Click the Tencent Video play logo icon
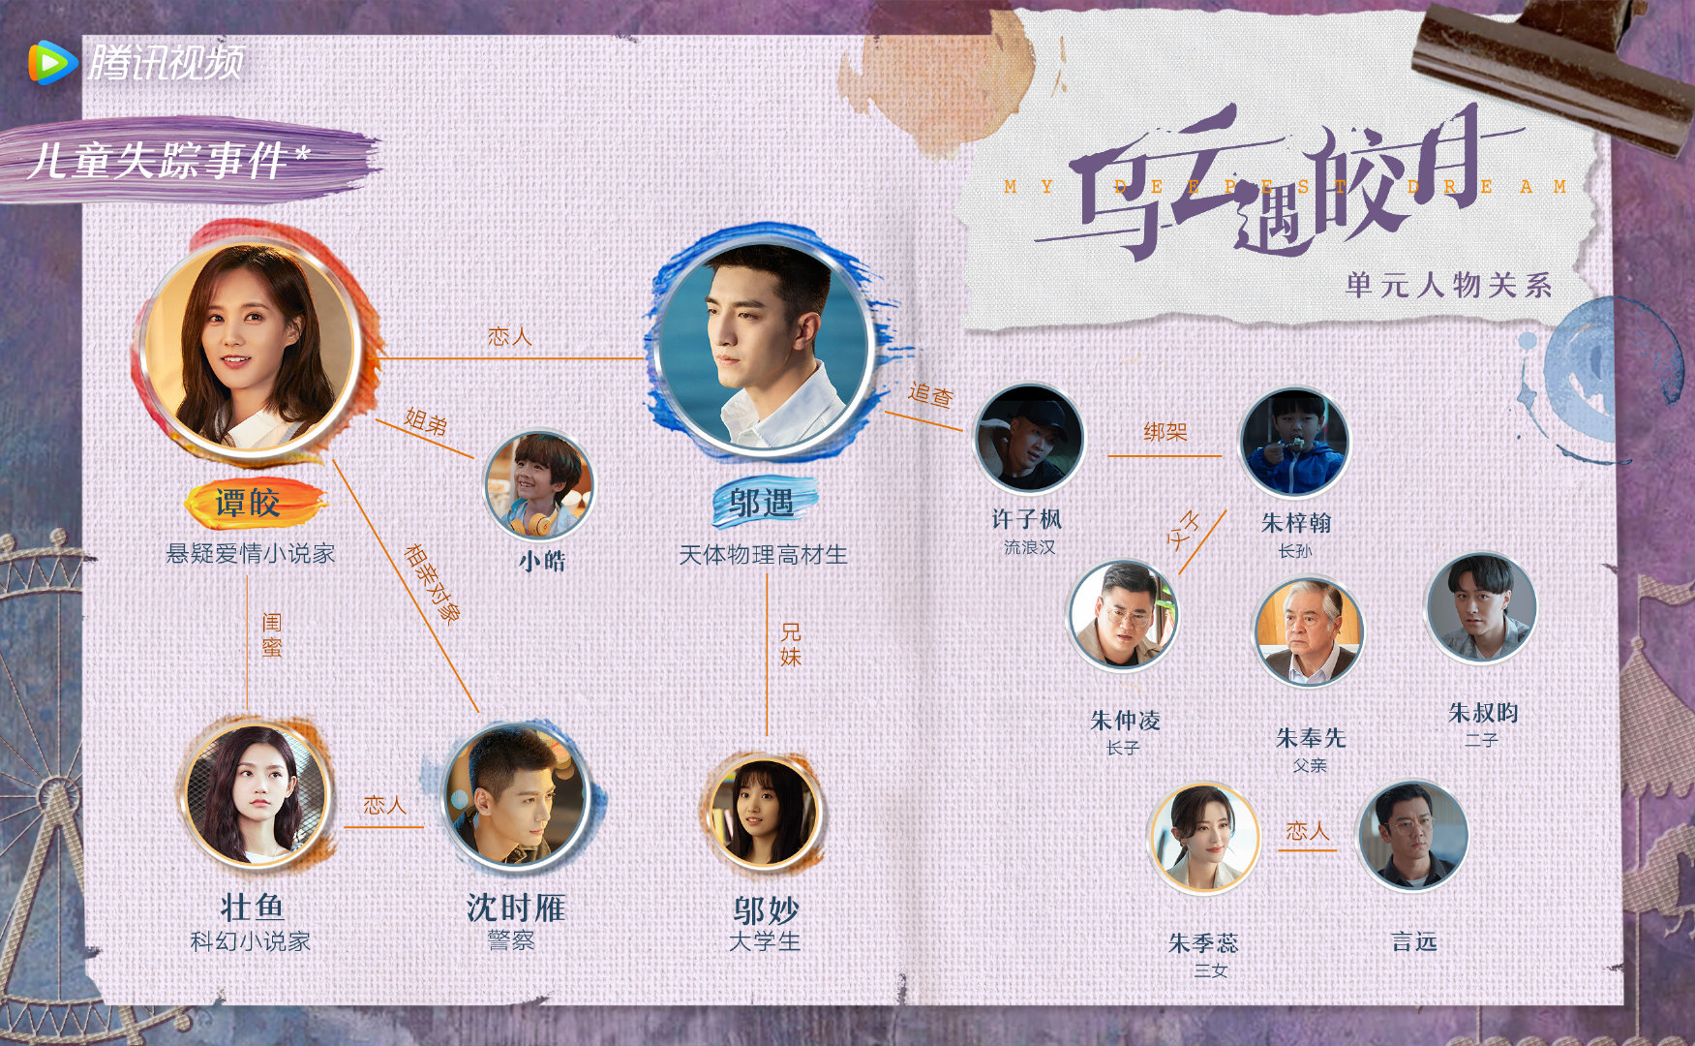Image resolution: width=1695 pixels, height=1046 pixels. [52, 63]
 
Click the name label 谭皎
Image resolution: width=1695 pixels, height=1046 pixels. [249, 503]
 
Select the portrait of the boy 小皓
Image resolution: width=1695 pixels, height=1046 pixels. [538, 485]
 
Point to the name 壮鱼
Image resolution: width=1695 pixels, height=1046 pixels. [252, 908]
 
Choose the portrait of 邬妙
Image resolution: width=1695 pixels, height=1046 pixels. [765, 812]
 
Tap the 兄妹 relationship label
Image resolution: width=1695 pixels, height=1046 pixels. [791, 644]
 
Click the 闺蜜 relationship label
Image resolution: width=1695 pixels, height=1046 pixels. [272, 635]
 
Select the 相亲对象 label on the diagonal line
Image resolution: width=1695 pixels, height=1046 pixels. [432, 582]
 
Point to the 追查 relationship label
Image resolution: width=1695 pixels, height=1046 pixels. [930, 394]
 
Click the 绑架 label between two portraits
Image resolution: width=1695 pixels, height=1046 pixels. [1165, 432]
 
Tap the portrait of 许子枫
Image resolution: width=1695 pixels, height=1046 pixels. [1028, 440]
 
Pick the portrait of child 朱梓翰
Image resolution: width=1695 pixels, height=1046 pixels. [1293, 444]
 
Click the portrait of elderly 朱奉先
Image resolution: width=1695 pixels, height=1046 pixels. [1308, 631]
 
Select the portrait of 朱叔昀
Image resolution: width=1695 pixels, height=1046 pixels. [1481, 607]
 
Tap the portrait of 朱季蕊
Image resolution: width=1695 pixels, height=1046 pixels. [1203, 839]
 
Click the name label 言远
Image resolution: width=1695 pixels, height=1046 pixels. [1413, 941]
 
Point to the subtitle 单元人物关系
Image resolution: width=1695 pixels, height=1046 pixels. [1448, 285]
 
